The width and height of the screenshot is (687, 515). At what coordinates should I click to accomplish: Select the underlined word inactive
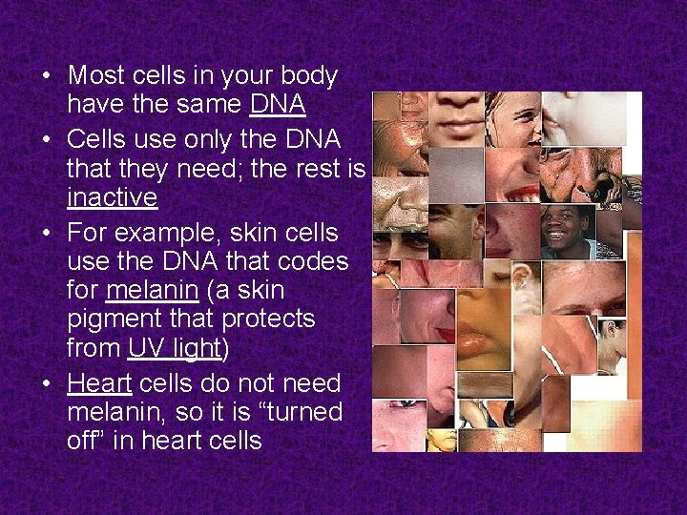112,197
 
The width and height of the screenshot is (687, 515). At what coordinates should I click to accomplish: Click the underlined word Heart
100,382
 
